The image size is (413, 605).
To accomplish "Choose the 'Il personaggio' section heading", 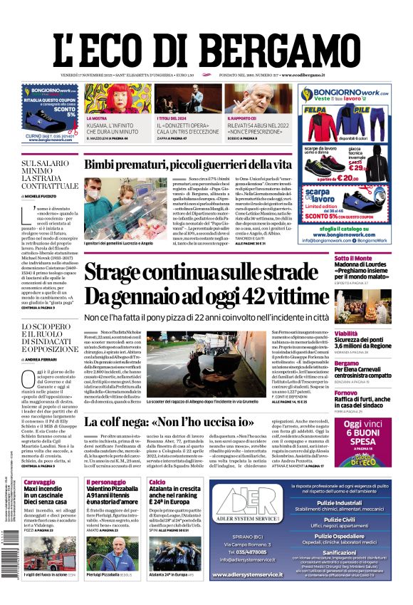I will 106,482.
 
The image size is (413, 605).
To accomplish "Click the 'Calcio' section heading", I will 157,482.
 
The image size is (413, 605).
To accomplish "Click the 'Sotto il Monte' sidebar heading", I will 354,258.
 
